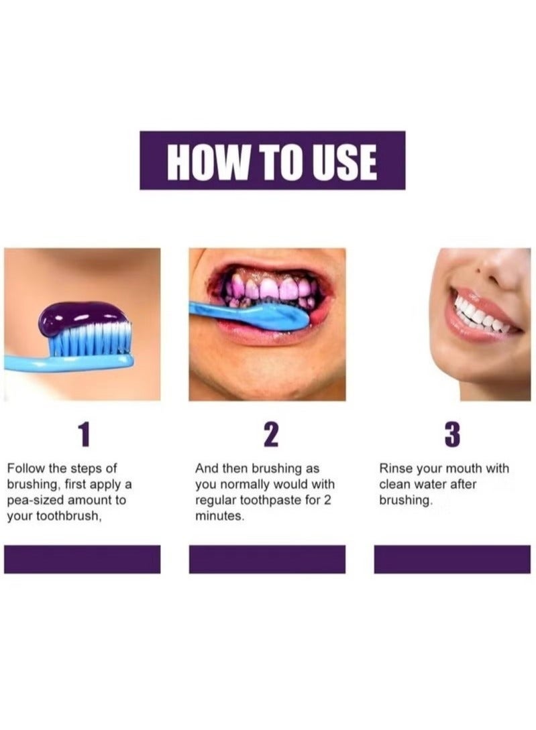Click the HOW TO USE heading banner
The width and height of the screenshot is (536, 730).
point(272,160)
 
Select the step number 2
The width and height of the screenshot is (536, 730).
point(270,435)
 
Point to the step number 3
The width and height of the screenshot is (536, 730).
point(452,435)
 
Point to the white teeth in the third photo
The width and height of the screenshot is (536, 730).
point(480,316)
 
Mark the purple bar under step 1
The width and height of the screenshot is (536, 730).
point(82,559)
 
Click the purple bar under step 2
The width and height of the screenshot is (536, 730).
point(267,559)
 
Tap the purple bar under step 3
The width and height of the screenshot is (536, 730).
point(451,559)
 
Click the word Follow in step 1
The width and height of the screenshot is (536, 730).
point(24,469)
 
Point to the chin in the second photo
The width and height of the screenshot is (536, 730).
point(268,375)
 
